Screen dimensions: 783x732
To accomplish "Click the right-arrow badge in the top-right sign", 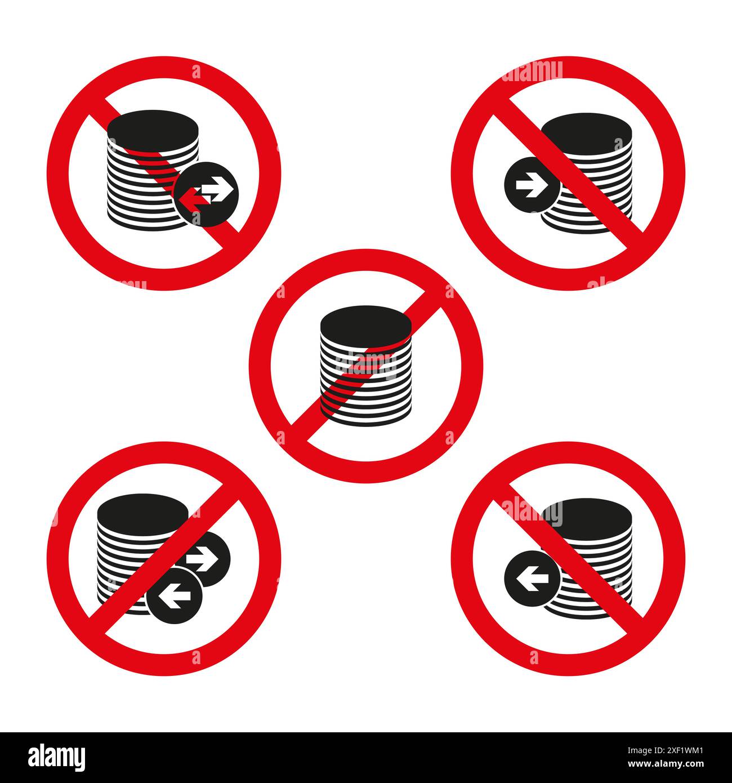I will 528,185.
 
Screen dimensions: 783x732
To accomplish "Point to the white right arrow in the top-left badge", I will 218,188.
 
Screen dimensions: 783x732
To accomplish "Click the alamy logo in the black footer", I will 56,757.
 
